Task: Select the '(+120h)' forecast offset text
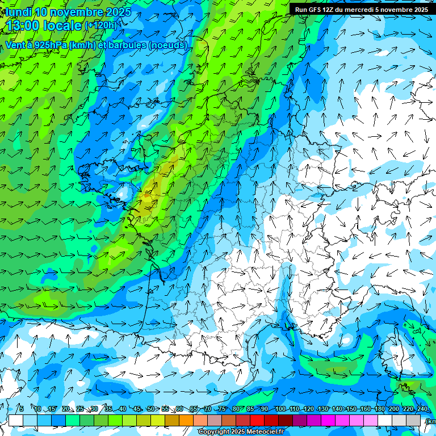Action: tap(100, 25)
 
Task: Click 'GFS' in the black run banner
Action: tap(316, 10)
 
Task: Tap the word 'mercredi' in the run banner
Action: tap(354, 10)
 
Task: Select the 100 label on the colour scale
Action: tap(280, 409)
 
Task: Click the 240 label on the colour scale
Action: tap(422, 409)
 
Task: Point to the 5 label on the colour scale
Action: tap(21, 409)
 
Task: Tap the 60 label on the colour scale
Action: tap(179, 409)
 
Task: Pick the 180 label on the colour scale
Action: tap(379, 409)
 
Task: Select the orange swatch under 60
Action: tap(186, 420)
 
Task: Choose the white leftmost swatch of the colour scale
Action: tap(16, 420)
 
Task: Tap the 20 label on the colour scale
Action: tap(66, 409)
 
